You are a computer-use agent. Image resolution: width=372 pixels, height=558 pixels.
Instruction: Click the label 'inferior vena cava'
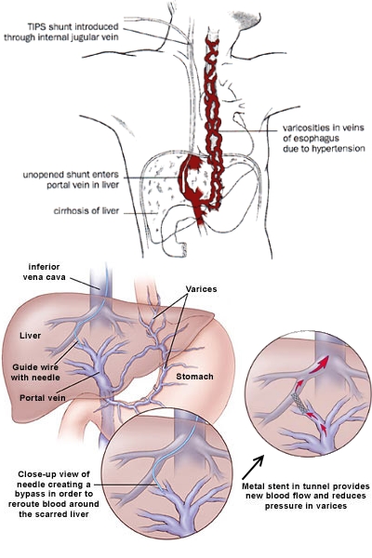(x=44, y=272)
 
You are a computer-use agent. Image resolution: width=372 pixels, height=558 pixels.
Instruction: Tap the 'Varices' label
(x=201, y=289)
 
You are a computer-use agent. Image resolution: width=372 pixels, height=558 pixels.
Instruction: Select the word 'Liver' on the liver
(x=31, y=336)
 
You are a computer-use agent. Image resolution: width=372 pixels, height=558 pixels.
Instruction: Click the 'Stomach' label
(x=194, y=377)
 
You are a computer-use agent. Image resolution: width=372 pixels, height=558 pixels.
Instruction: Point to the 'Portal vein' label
(x=43, y=397)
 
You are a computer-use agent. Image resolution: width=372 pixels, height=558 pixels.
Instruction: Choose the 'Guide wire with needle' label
(x=35, y=372)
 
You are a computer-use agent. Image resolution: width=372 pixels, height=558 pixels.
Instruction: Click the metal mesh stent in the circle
(x=299, y=404)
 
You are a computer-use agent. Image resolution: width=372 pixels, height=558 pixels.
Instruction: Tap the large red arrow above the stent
(x=319, y=365)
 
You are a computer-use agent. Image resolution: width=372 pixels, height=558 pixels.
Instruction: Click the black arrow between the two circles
(x=253, y=467)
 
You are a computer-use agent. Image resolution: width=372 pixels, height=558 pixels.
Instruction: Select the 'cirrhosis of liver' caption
(x=86, y=211)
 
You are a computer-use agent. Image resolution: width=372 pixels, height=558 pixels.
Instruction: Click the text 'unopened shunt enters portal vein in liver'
(x=71, y=180)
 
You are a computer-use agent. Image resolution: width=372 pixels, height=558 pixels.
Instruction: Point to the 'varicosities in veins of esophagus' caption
(x=324, y=132)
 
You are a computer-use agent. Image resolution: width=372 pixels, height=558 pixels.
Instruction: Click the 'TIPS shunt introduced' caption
(x=73, y=27)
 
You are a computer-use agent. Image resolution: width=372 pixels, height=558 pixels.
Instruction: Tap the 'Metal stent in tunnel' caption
(x=306, y=486)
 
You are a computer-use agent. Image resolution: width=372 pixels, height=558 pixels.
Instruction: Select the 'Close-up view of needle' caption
(x=54, y=479)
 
